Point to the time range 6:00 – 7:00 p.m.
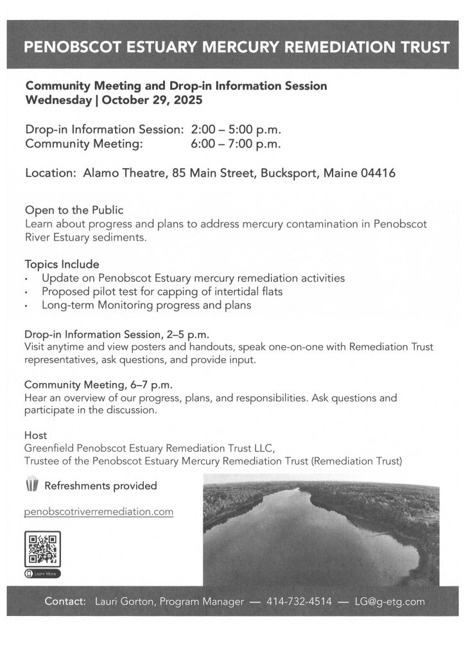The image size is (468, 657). click(x=236, y=144)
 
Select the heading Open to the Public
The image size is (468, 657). click(x=74, y=210)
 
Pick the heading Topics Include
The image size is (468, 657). click(x=62, y=264)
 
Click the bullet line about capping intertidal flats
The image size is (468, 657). click(x=162, y=292)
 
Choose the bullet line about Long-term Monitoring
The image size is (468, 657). click(x=146, y=305)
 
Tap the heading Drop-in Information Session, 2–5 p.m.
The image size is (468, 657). click(x=117, y=334)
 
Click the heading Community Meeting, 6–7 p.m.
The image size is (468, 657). click(x=98, y=385)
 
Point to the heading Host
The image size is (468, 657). click(x=35, y=435)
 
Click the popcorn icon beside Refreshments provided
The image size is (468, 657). click(x=31, y=484)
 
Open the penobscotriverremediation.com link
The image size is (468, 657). click(x=99, y=512)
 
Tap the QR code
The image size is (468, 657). click(x=42, y=548)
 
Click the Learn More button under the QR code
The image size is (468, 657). click(x=42, y=573)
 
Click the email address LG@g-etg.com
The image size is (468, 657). click(x=390, y=602)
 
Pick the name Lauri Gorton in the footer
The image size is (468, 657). click(x=125, y=602)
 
